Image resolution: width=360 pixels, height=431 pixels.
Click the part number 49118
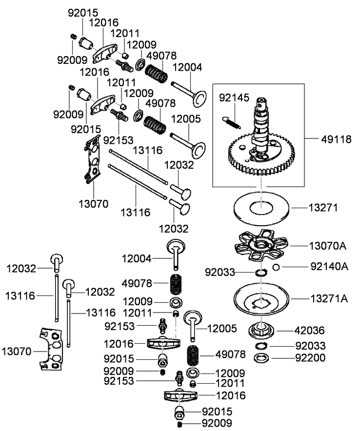[337, 139]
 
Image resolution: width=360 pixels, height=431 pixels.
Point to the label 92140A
[330, 267]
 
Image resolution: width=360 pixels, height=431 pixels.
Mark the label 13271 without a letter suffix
[323, 208]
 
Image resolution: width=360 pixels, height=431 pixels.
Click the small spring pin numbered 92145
[231, 120]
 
